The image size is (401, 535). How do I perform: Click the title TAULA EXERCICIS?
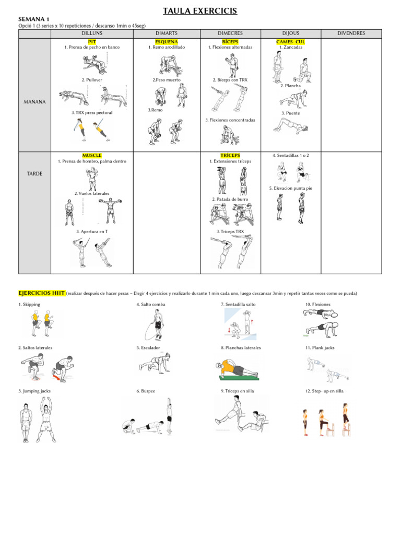[x=200, y=10]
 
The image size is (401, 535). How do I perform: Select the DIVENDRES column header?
[x=351, y=33]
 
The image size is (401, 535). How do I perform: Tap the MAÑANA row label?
[x=34, y=102]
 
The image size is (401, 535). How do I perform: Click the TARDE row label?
[x=34, y=173]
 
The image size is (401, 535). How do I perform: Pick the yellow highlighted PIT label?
[x=92, y=41]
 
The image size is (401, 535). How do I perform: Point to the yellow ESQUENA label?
[x=167, y=41]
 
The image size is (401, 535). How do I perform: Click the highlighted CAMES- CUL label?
[x=291, y=41]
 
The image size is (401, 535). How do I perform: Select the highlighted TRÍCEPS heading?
[x=230, y=156]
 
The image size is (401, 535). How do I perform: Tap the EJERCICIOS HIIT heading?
[x=42, y=293]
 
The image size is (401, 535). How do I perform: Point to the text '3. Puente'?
[x=291, y=113]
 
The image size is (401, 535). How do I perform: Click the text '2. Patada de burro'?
[x=230, y=199]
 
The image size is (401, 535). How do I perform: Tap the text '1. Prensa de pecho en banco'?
[x=92, y=47]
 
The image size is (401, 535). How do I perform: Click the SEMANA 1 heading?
[x=33, y=18]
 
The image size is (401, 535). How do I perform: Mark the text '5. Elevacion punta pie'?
[x=291, y=188]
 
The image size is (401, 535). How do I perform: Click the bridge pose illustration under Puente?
[x=291, y=125]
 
